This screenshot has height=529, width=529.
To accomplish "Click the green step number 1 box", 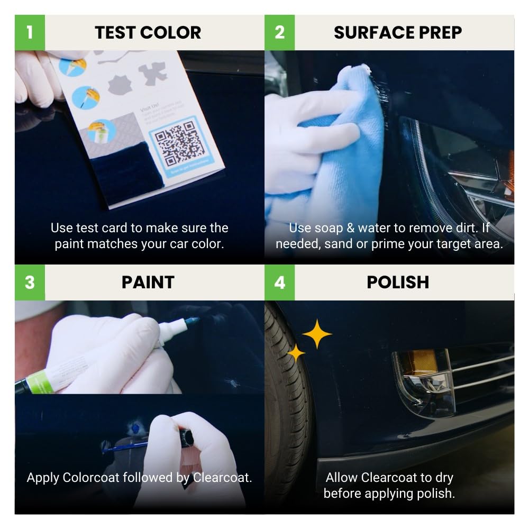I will point(30,32).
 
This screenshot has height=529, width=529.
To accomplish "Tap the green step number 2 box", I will point(279,32).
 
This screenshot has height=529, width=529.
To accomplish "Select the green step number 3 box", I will point(30,282).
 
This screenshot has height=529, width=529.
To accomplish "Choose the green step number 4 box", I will point(279,282).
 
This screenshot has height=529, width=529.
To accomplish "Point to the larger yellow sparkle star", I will point(317,334).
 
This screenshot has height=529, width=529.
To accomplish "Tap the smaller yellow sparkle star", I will point(296,353).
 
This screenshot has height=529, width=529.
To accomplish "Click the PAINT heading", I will point(148,282).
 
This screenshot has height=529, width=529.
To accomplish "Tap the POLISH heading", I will point(398,282).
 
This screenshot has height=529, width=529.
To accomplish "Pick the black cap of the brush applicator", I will point(186,437).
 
